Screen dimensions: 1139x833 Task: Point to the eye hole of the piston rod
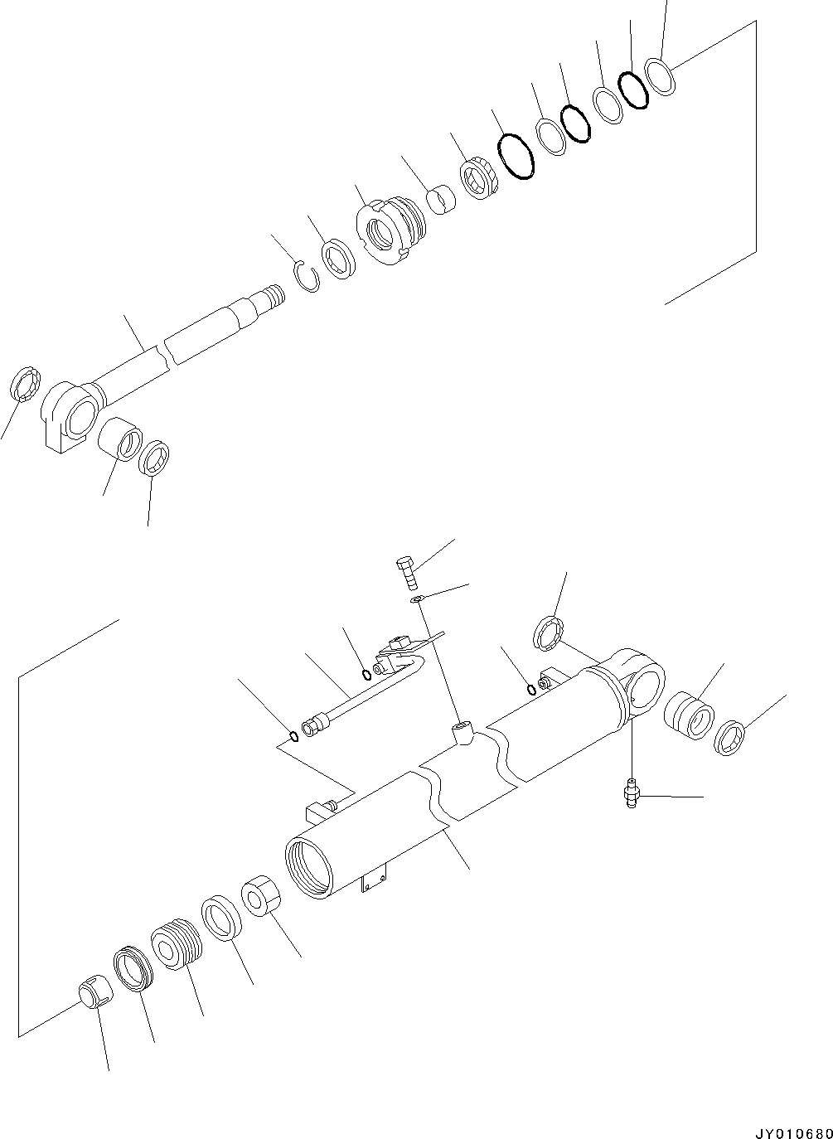(83, 414)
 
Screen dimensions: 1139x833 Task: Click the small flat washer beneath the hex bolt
(417, 599)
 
